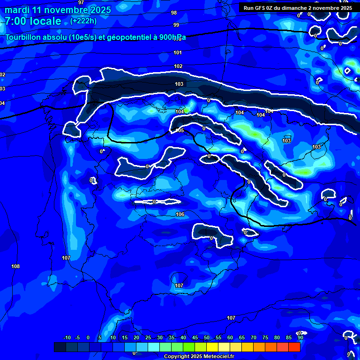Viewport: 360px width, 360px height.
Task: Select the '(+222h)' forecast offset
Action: click(84, 21)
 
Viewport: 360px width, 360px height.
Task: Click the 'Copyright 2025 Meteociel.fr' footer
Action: click(198, 356)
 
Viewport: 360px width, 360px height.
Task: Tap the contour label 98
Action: click(174, 13)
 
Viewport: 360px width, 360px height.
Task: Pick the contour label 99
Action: click(176, 25)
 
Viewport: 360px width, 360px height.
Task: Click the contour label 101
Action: click(178, 53)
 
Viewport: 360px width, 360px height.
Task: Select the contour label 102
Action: click(178, 67)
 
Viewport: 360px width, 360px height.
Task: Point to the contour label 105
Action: click(180, 130)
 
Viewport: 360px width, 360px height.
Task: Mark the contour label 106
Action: click(180, 214)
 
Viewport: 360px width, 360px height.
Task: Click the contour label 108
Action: click(15, 267)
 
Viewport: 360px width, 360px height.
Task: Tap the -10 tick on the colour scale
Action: click(67, 338)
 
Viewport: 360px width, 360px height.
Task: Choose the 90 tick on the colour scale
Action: click(300, 338)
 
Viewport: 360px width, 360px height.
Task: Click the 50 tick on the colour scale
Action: click(207, 338)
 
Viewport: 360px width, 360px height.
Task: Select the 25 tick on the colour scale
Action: click(148, 338)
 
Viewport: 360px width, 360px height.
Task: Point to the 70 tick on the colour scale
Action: click(254, 338)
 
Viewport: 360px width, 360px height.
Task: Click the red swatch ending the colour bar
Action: click(294, 347)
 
